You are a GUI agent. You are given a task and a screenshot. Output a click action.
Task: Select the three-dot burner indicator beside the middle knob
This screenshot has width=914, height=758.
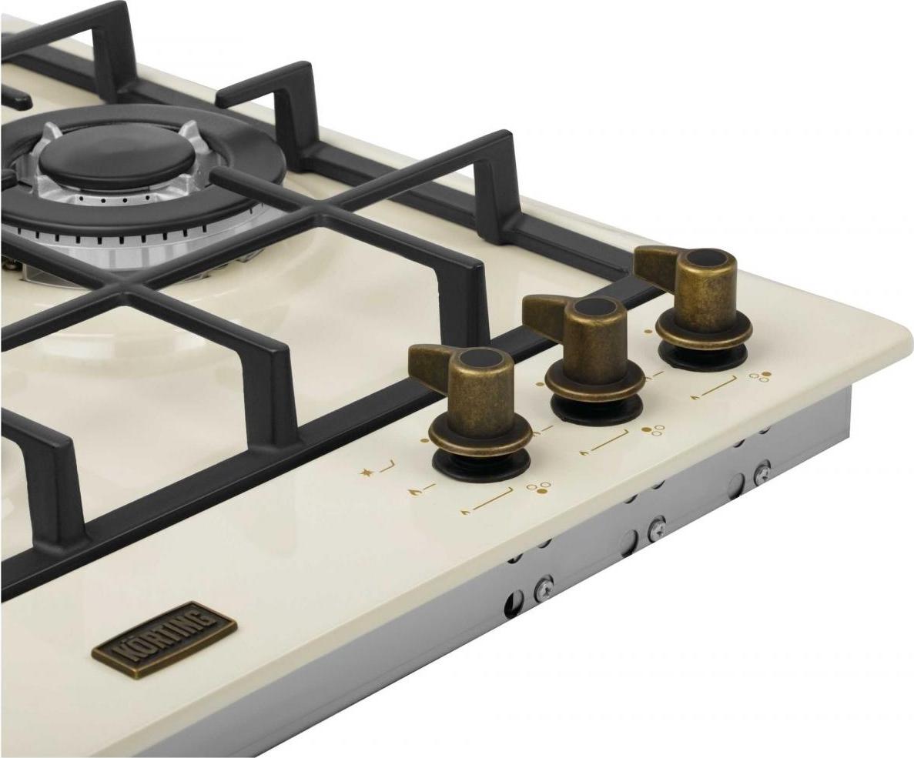tap(653, 431)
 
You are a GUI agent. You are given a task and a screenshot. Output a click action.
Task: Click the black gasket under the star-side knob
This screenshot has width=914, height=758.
tap(481, 464)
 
